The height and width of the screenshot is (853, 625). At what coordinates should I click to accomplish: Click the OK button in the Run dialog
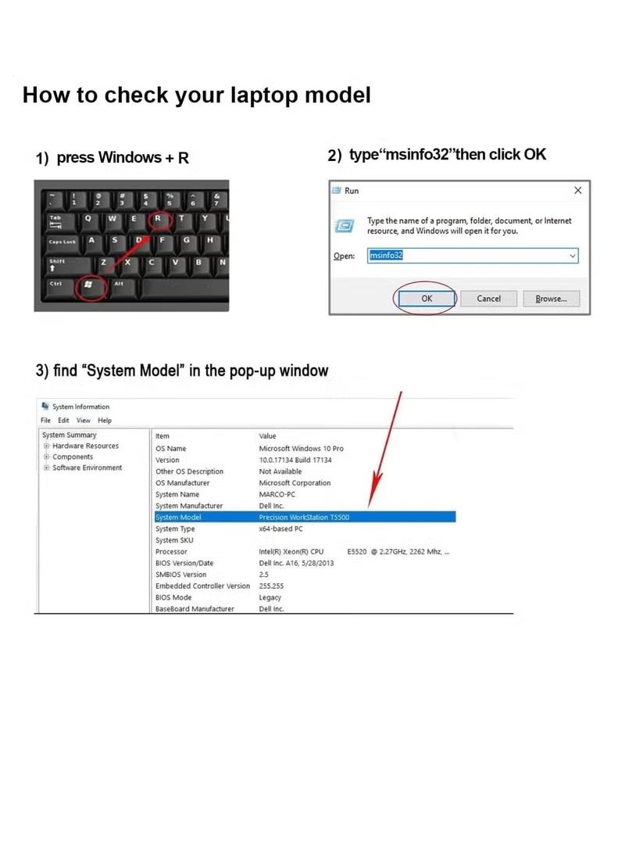pos(427,299)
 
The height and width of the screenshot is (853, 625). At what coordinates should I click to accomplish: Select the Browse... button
pos(551,299)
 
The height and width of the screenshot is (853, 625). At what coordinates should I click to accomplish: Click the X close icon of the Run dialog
pos(577,191)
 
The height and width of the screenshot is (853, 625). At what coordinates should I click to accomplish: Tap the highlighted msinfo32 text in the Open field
pos(386,255)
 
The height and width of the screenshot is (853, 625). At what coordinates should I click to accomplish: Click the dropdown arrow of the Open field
pos(573,256)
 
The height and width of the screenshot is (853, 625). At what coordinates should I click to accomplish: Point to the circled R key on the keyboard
pos(158,219)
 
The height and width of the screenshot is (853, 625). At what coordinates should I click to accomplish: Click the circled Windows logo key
pos(88,285)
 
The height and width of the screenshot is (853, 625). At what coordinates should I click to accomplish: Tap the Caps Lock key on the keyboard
pos(62,242)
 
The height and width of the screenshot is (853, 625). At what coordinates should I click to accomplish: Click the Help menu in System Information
pos(105,421)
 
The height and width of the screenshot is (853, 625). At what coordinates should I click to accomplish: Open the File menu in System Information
pos(45,421)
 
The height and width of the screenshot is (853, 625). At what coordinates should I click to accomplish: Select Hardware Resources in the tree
pos(85,446)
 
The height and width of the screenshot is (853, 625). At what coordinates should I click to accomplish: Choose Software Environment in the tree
pos(87,468)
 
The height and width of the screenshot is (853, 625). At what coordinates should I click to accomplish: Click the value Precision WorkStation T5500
pos(304,518)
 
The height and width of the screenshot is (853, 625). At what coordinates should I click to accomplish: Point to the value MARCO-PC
pos(277,494)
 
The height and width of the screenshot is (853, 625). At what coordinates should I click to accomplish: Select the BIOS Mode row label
pos(173,597)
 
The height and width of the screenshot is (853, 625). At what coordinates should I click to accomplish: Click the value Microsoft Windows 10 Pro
pos(301,449)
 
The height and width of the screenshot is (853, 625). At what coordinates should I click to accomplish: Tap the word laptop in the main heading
pos(264,95)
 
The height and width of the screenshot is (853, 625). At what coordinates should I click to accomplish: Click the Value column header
pos(267,436)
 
